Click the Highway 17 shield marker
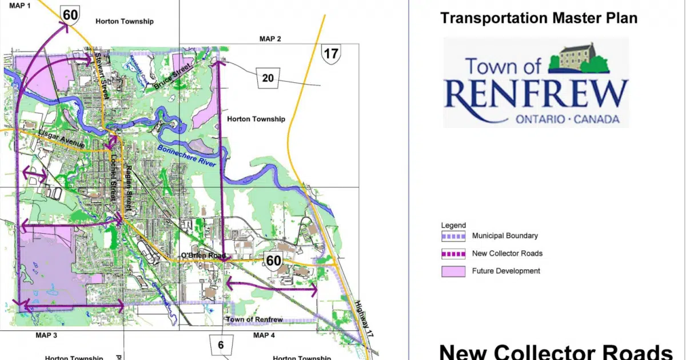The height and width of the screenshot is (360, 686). (x=331, y=54)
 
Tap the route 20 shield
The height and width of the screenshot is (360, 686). (x=268, y=78)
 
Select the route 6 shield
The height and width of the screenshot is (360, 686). (x=220, y=345)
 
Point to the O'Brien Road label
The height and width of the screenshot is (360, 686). (x=203, y=255)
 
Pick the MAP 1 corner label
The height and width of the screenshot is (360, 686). (x=20, y=4)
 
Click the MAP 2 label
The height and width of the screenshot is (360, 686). (x=270, y=39)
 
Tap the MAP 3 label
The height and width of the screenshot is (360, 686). (x=47, y=335)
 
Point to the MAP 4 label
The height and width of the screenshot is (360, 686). (x=264, y=335)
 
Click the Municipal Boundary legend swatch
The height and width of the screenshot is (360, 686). (x=453, y=236)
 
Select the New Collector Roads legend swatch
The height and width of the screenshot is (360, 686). (x=453, y=254)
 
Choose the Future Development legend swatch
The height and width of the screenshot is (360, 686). (x=453, y=271)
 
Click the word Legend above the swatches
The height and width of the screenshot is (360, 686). (x=453, y=225)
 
